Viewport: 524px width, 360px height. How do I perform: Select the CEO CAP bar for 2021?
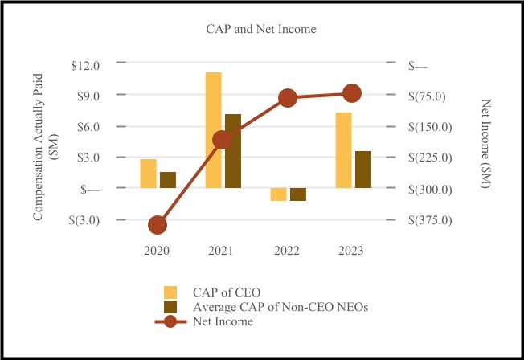click(213, 130)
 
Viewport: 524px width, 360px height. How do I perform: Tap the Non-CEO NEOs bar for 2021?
click(233, 151)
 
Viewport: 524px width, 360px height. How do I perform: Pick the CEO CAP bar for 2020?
click(149, 174)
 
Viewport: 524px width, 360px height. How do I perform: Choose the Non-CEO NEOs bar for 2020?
click(168, 180)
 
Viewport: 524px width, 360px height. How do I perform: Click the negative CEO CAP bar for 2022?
click(278, 194)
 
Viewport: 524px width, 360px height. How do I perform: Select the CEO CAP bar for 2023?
click(343, 150)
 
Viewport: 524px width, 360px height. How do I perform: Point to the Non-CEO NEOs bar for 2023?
click(363, 170)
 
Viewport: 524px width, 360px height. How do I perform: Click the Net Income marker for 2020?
click(158, 225)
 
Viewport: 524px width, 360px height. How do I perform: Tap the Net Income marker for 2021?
click(223, 140)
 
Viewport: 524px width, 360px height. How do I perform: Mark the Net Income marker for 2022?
click(288, 98)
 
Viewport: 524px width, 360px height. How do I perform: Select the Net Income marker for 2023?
click(352, 93)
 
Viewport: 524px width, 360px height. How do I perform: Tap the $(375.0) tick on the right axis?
click(432, 219)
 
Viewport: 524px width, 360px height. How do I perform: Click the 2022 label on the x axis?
click(287, 251)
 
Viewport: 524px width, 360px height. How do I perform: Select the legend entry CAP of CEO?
click(227, 291)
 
